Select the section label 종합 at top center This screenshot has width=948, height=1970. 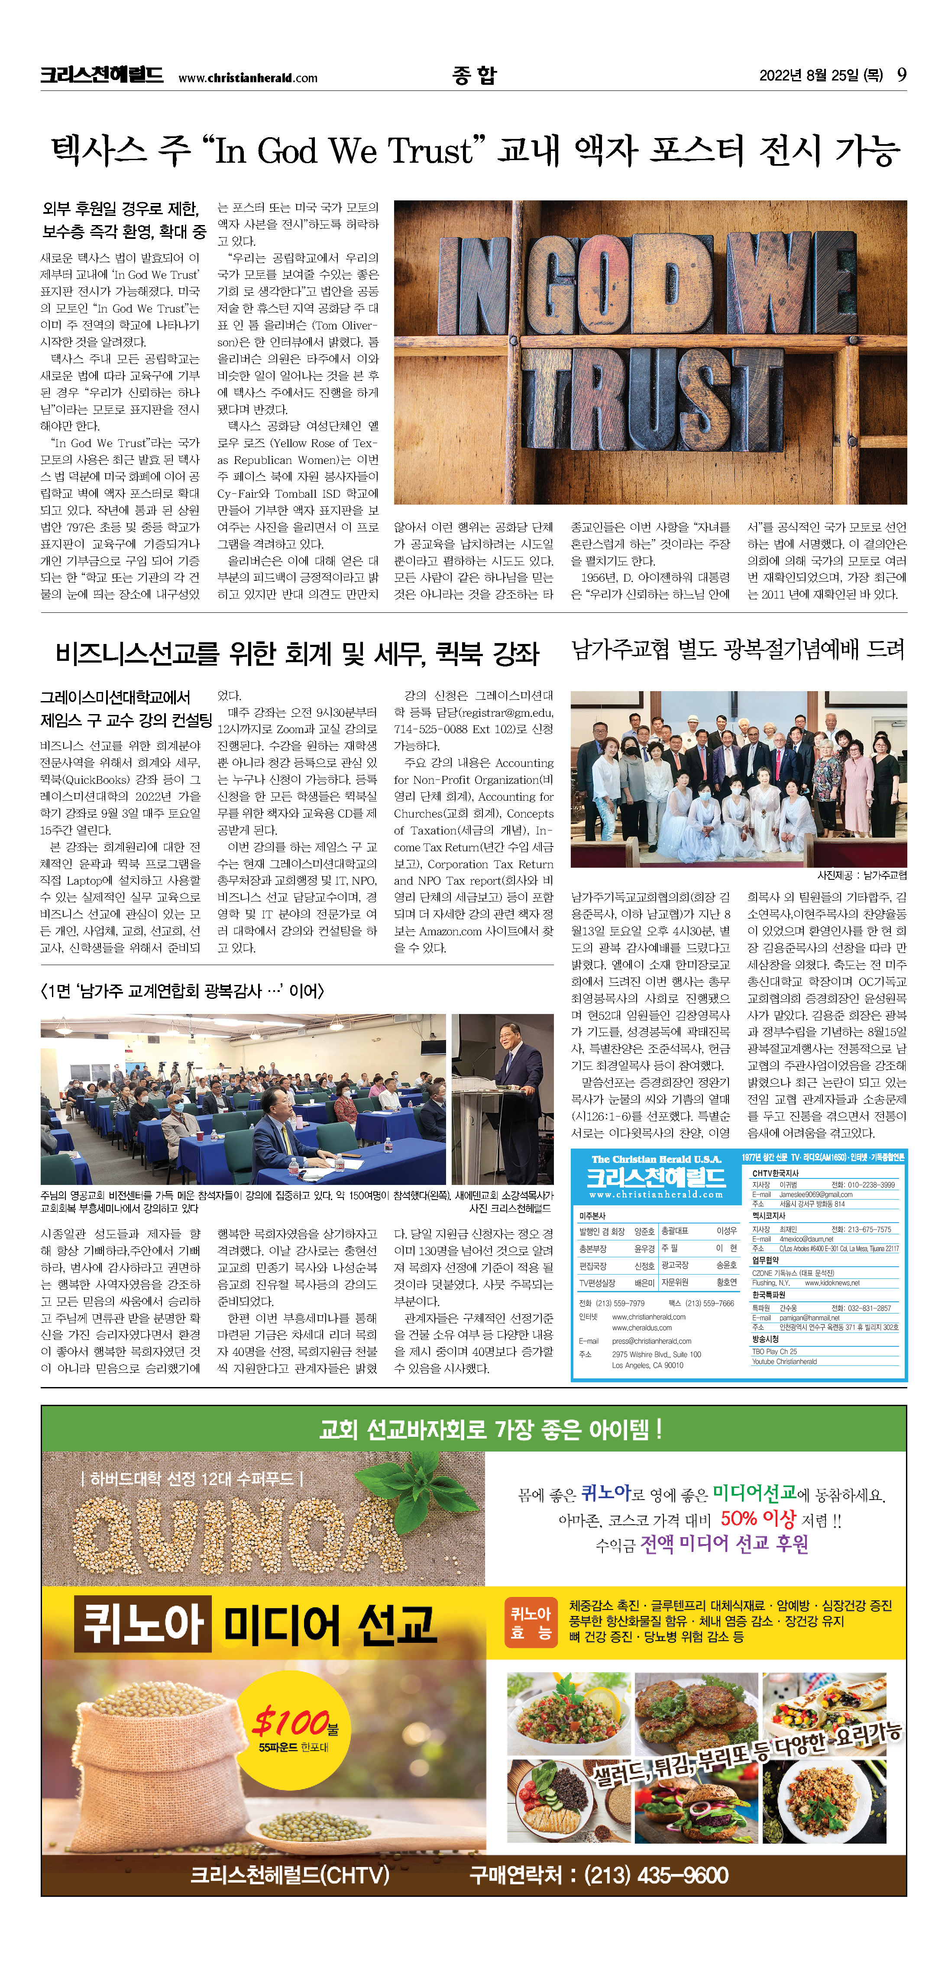tap(474, 75)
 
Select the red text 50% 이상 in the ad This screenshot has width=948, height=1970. tap(757, 1518)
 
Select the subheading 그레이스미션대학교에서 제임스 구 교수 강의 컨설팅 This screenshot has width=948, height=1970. tap(126, 708)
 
